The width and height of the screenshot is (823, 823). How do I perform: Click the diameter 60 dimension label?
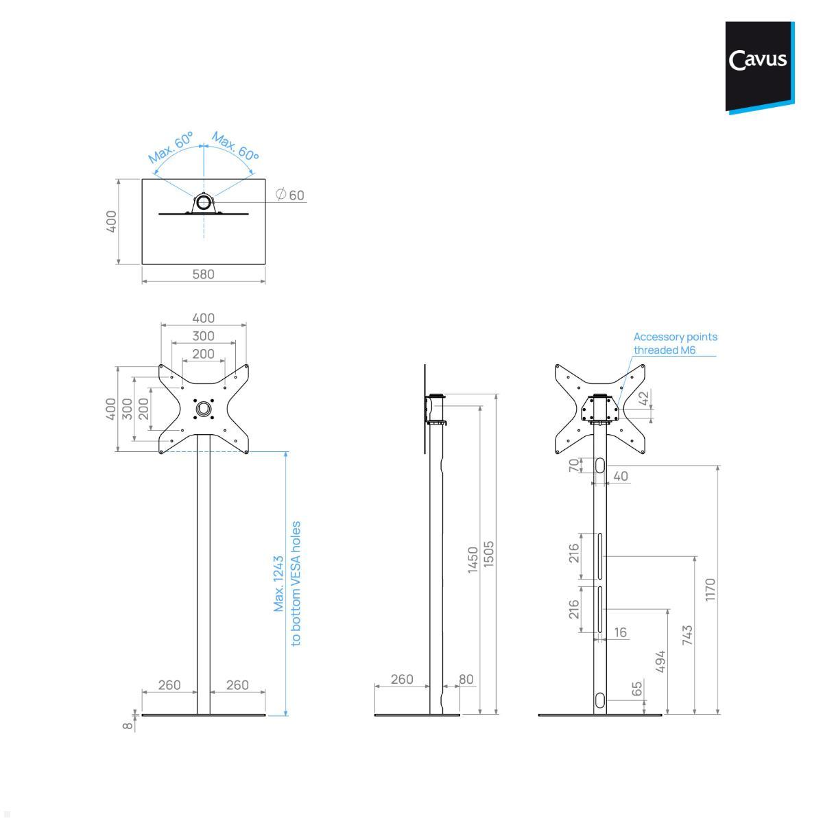[289, 195]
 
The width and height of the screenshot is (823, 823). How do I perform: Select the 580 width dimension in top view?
[203, 274]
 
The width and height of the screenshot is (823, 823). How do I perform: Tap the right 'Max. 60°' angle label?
[235, 147]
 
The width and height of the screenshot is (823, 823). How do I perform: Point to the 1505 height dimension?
[489, 554]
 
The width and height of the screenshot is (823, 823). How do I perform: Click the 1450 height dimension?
[473, 560]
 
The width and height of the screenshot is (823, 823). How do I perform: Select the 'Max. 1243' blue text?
[279, 584]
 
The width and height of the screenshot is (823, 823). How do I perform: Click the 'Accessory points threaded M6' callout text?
[675, 343]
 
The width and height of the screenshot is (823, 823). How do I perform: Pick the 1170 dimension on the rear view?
[710, 590]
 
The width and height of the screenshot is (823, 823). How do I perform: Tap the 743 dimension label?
[688, 635]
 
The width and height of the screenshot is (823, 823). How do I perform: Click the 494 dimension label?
[660, 662]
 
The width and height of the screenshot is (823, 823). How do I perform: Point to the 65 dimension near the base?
[637, 689]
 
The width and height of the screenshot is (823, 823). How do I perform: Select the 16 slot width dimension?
[620, 632]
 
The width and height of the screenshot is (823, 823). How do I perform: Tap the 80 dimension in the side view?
[466, 680]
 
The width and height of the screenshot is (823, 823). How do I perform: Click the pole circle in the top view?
[204, 202]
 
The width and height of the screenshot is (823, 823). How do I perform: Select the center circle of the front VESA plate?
[204, 409]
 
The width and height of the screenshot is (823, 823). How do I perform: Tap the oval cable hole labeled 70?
[600, 466]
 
